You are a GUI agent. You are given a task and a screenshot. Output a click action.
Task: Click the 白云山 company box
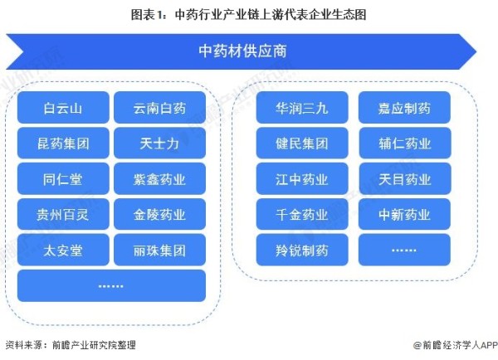(x=63, y=108)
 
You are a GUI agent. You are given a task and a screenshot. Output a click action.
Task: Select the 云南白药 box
(x=159, y=108)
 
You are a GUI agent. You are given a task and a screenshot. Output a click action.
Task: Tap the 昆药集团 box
(x=63, y=144)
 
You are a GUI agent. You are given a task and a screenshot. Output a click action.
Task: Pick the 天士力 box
(x=159, y=144)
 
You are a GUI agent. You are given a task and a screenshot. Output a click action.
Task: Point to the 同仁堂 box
(x=63, y=178)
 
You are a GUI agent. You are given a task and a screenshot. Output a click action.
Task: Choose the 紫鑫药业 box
(x=159, y=178)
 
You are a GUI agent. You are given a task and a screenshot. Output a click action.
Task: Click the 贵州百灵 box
(x=63, y=214)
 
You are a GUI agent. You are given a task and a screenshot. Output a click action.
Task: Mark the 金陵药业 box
(x=159, y=214)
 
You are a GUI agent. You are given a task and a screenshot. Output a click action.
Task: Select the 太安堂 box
(x=63, y=250)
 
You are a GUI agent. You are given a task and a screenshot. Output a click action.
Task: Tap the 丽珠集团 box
(x=159, y=250)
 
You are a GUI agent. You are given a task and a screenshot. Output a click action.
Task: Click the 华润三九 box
(x=302, y=108)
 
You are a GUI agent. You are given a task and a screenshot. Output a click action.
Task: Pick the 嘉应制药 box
(x=405, y=108)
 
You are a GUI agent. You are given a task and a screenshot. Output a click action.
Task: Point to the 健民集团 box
(x=302, y=144)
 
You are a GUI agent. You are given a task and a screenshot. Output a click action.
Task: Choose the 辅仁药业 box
(x=405, y=144)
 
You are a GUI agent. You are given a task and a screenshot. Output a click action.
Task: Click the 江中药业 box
(x=302, y=178)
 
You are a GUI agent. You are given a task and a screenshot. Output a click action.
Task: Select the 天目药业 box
(x=405, y=178)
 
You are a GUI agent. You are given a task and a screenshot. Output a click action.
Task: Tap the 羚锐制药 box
(x=302, y=250)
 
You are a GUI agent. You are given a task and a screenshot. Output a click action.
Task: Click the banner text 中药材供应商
(x=242, y=51)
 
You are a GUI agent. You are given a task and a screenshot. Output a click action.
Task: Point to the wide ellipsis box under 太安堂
(x=111, y=285)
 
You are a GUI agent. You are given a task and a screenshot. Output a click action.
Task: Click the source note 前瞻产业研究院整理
(x=94, y=345)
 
